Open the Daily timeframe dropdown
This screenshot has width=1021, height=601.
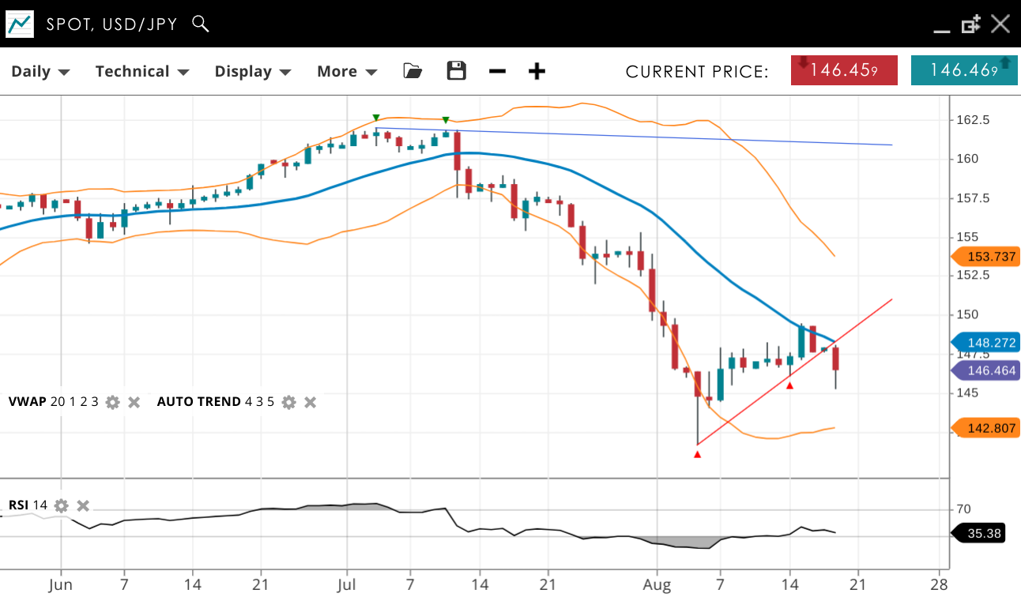click(40, 71)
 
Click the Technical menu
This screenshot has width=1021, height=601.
click(142, 71)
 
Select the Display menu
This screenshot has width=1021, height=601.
click(253, 71)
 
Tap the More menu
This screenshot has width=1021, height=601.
click(346, 71)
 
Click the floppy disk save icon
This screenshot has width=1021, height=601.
click(456, 71)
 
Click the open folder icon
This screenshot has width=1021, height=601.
click(412, 71)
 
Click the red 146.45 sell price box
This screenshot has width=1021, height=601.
click(844, 70)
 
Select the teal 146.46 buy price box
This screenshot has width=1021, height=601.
click(964, 70)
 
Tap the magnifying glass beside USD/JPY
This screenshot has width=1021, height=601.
click(201, 24)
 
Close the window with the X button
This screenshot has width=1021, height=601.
click(1000, 24)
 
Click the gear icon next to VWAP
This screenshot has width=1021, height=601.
click(113, 402)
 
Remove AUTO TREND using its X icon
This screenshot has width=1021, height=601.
click(311, 402)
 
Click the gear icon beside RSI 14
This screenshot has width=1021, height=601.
click(62, 505)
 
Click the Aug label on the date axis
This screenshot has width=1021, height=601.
click(657, 585)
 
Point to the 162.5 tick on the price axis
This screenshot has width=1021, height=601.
click(973, 120)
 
